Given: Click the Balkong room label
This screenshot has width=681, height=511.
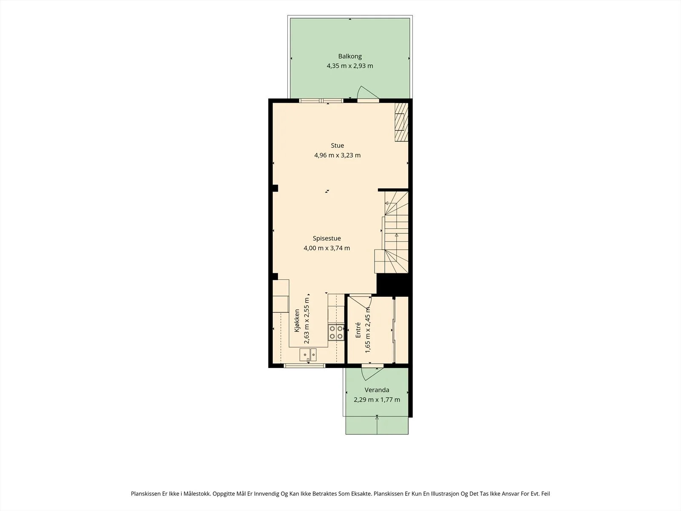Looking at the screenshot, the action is point(350,56).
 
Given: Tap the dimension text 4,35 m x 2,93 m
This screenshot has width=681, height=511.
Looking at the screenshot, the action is point(350,66).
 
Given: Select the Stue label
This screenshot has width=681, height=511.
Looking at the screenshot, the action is point(337,146).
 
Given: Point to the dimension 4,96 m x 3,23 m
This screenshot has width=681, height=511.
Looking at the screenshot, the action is point(337,155).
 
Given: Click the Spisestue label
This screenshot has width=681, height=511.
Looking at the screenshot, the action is point(327,238).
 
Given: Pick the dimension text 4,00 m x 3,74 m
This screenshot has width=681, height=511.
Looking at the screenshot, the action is point(327,248).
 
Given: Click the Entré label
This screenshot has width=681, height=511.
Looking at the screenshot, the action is point(358,330).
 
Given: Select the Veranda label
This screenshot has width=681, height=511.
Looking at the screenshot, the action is point(377,390).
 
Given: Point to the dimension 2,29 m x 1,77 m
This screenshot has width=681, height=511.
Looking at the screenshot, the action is point(377,399).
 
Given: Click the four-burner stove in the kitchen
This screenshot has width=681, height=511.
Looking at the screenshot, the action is point(336,332).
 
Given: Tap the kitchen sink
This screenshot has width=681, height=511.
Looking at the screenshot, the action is point(308,354).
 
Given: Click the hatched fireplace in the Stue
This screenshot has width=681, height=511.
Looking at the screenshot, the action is point(401,122).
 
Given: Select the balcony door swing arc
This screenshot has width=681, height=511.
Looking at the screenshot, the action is point(368,92).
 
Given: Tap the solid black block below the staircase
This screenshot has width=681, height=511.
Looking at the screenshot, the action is point(394,284).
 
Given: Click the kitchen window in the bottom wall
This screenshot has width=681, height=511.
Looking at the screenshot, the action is point(304,365).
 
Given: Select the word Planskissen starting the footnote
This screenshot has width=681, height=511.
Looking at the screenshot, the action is point(146,494).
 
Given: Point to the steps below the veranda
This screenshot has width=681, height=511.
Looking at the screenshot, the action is point(377,425).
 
